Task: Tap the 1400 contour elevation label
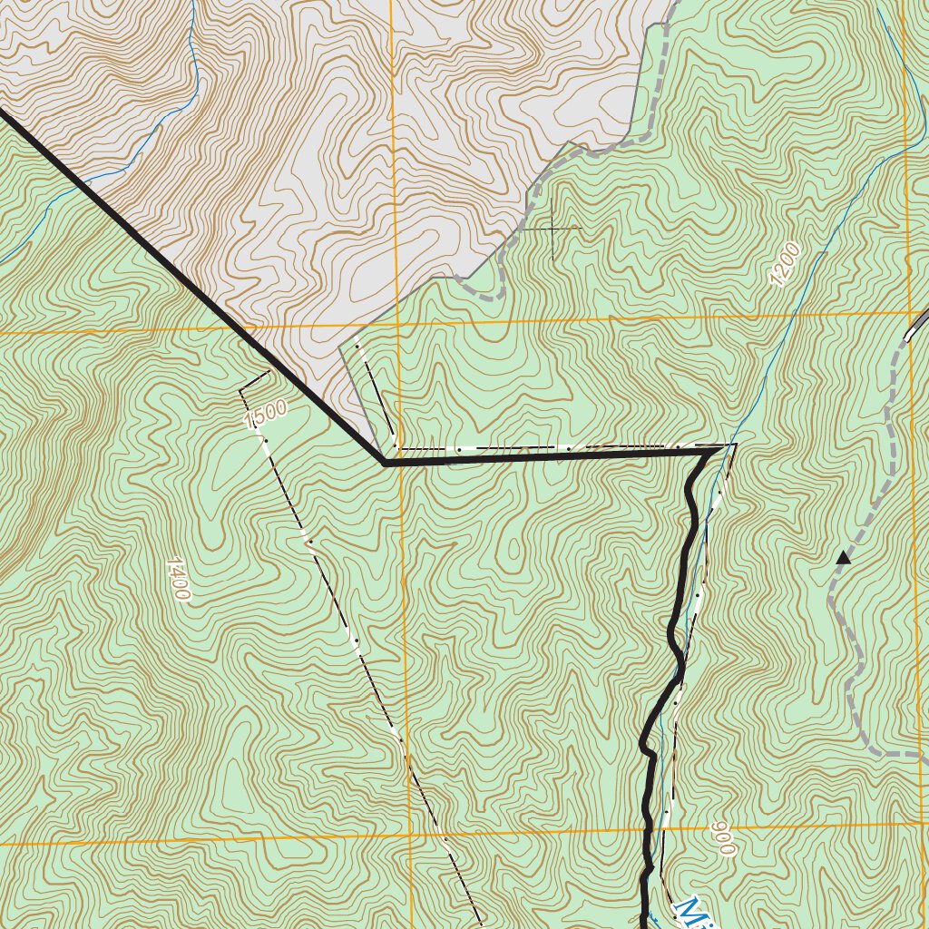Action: click(178, 580)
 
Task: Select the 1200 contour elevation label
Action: click(785, 265)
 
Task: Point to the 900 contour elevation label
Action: click(722, 838)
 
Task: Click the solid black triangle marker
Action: click(844, 558)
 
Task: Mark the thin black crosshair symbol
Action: click(553, 229)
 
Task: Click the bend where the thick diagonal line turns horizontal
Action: click(386, 462)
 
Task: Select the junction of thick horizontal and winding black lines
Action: click(709, 451)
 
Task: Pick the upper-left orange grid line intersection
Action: click(395, 325)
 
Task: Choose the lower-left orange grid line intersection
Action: click(410, 836)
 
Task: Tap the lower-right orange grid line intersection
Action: click(920, 824)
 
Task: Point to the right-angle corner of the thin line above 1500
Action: click(240, 389)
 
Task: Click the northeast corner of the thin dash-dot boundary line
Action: click(735, 445)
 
